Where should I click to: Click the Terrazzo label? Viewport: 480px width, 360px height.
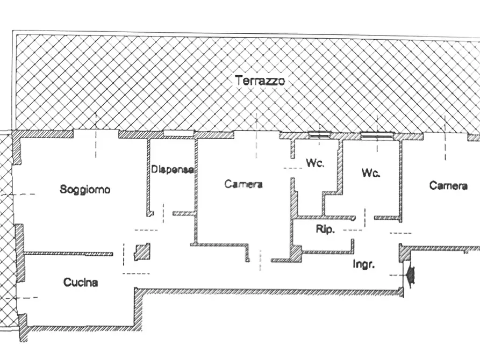click(x=260, y=81)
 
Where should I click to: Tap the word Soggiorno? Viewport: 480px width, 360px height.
click(x=85, y=189)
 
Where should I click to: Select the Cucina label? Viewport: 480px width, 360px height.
click(x=81, y=282)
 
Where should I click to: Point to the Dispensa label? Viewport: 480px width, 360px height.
click(x=173, y=169)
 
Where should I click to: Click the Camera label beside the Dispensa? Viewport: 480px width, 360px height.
click(x=243, y=184)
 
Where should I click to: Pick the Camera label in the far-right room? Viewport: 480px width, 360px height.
click(x=448, y=185)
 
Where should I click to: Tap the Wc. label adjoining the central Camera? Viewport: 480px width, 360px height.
click(x=315, y=163)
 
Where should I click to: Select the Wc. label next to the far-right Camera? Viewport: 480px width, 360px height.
click(x=371, y=173)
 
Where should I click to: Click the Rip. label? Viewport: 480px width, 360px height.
click(x=325, y=229)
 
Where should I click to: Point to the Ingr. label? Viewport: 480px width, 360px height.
click(x=364, y=264)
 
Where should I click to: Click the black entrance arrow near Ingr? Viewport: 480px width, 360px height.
click(x=410, y=275)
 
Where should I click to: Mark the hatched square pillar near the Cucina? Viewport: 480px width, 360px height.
click(x=142, y=252)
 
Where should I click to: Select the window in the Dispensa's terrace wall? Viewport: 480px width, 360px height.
click(x=179, y=133)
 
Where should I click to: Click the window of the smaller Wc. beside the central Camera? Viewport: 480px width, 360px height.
click(x=319, y=134)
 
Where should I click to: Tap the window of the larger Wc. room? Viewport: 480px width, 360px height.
click(x=377, y=135)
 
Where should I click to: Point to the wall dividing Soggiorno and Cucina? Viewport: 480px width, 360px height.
click(x=68, y=254)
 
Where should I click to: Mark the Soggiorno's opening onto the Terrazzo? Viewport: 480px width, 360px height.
click(x=96, y=134)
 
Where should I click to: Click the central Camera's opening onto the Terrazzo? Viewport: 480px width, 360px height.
click(x=256, y=135)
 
